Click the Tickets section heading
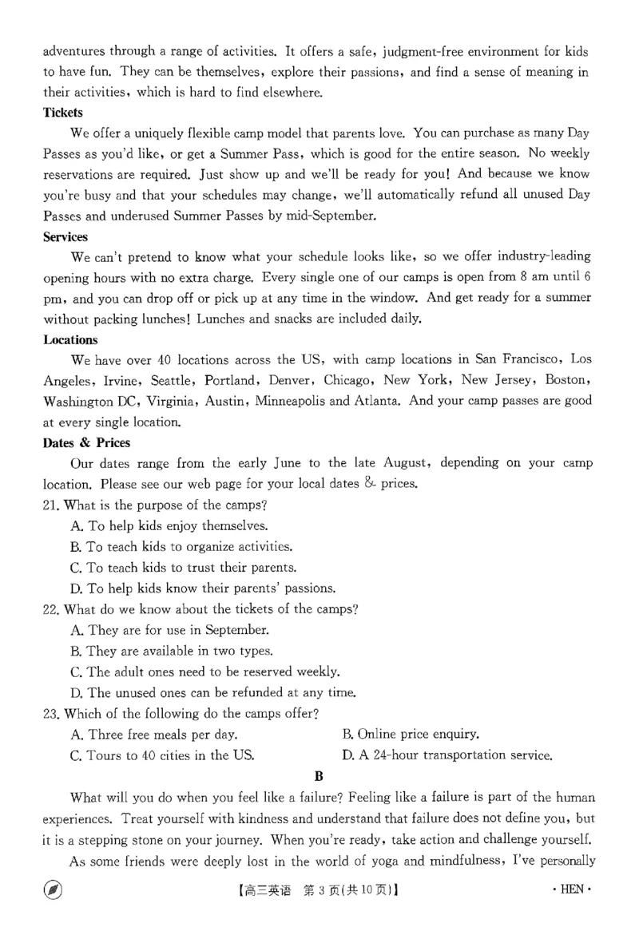pos(62,113)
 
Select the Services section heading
pos(65,237)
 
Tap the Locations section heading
pos(69,340)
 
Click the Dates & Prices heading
pos(86,443)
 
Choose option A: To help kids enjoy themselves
pos(169,525)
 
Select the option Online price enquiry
pos(411,734)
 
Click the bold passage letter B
pos(319,775)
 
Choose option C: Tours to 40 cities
pos(162,755)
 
